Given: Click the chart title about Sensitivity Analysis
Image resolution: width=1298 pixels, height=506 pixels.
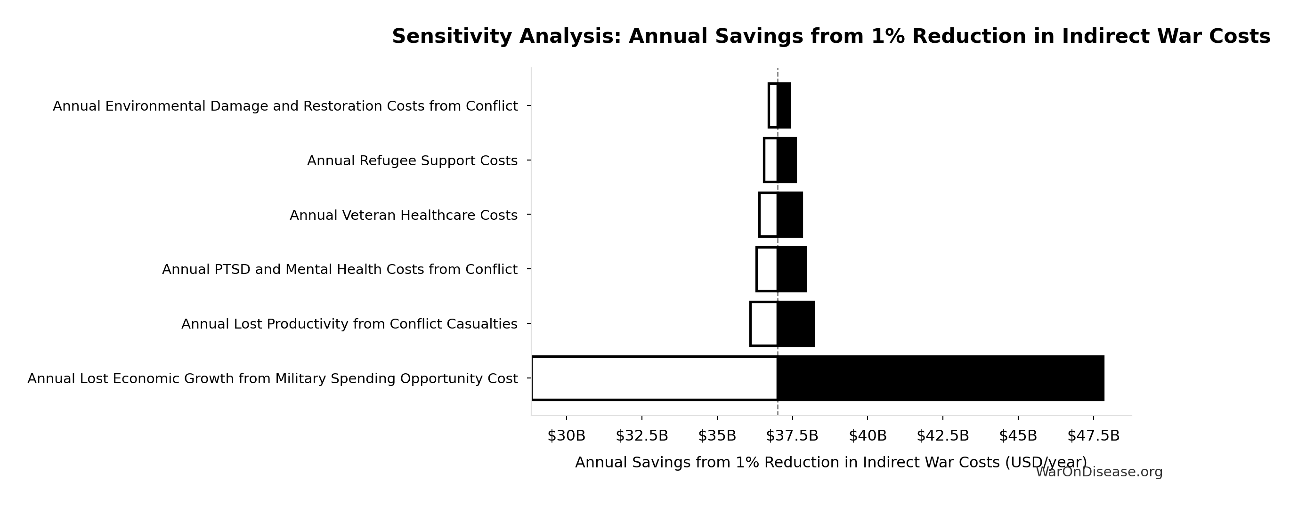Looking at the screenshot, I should pyautogui.click(x=831, y=37).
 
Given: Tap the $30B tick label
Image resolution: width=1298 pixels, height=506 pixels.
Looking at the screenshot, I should pyautogui.click(x=567, y=436).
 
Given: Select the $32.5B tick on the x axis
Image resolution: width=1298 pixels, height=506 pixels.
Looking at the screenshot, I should pyautogui.click(x=641, y=436).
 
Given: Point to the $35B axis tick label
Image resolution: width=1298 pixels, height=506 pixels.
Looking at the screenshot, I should pyautogui.click(x=717, y=436).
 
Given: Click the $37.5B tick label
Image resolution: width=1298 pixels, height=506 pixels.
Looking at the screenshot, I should pyautogui.click(x=792, y=436).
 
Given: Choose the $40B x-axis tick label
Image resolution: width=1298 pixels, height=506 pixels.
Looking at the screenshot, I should pyautogui.click(x=868, y=436).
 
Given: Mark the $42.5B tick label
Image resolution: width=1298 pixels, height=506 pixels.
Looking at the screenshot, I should pyautogui.click(x=943, y=436).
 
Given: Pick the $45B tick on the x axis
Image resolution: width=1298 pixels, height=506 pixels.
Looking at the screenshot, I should pyautogui.click(x=1018, y=436).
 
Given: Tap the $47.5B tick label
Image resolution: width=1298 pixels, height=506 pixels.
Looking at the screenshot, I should pyautogui.click(x=1094, y=436).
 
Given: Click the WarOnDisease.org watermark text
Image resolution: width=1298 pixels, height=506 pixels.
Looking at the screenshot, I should pyautogui.click(x=1099, y=472).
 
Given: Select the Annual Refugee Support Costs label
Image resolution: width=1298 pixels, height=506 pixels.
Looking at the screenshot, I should pyautogui.click(x=412, y=161).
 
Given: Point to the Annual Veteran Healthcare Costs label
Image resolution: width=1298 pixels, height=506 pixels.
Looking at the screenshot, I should pyautogui.click(x=403, y=215).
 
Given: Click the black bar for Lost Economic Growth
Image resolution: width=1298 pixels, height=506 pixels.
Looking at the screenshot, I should pyautogui.click(x=940, y=378).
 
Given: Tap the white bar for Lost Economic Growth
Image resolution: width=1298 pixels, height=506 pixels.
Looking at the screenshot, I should pyautogui.click(x=654, y=378).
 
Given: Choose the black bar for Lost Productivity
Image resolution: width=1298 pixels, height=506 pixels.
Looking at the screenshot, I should pyautogui.click(x=795, y=324).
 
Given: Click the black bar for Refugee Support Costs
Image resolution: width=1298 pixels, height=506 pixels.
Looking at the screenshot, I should pyautogui.click(x=787, y=160).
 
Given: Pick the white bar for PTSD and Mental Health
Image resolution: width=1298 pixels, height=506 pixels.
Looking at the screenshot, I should pyautogui.click(x=767, y=269).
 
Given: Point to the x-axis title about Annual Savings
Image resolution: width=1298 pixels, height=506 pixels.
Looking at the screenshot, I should pyautogui.click(x=831, y=462).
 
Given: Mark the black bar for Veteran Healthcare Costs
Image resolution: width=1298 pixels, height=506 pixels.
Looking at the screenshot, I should pyautogui.click(x=789, y=215).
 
